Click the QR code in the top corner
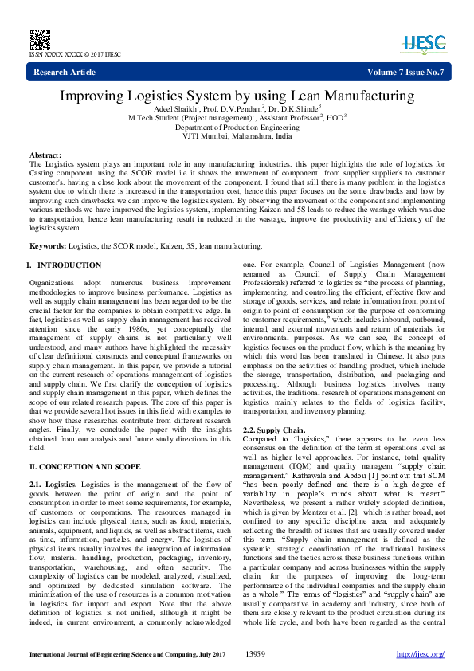tap(39, 37)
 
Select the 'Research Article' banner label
tap(65, 73)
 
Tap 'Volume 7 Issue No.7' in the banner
tap(405, 73)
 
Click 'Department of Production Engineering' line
tap(237, 128)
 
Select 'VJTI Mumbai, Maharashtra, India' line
tap(237, 136)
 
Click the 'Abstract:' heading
tap(45, 155)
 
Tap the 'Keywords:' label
tap(48, 247)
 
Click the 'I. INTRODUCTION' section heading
tap(64, 265)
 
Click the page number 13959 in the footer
tap(255, 654)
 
